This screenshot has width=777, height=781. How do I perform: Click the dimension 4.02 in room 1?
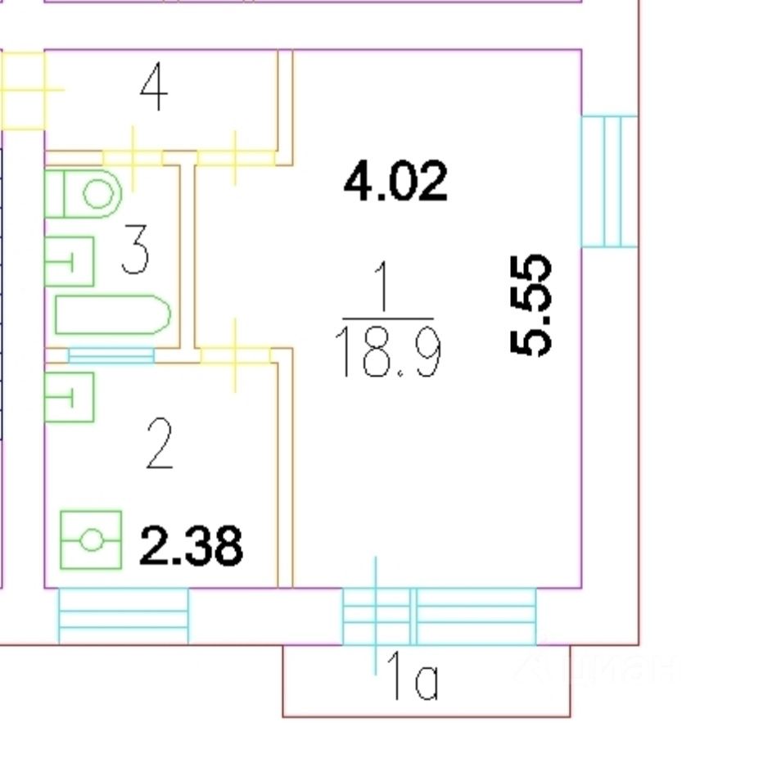(395, 181)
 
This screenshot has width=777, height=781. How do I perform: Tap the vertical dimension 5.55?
(531, 305)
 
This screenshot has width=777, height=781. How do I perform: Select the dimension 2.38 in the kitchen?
(191, 546)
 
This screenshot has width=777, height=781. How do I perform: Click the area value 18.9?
(390, 354)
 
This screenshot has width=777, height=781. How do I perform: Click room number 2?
(160, 444)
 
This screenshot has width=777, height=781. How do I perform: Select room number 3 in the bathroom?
(135, 251)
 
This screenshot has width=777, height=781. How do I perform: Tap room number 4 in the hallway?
(153, 88)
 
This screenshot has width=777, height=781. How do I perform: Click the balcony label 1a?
(413, 679)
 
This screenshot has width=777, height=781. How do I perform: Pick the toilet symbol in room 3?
(84, 194)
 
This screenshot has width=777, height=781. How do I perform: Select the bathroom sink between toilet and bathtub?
(69, 261)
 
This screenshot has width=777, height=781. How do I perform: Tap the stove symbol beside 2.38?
(91, 540)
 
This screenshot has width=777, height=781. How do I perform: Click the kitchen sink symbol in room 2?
(69, 397)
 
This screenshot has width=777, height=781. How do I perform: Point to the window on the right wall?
(608, 181)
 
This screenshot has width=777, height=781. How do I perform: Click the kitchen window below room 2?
(124, 616)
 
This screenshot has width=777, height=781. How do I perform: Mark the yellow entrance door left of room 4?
(23, 90)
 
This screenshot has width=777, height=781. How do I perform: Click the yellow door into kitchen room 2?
(236, 355)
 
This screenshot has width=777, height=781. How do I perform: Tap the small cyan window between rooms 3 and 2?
(111, 355)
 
